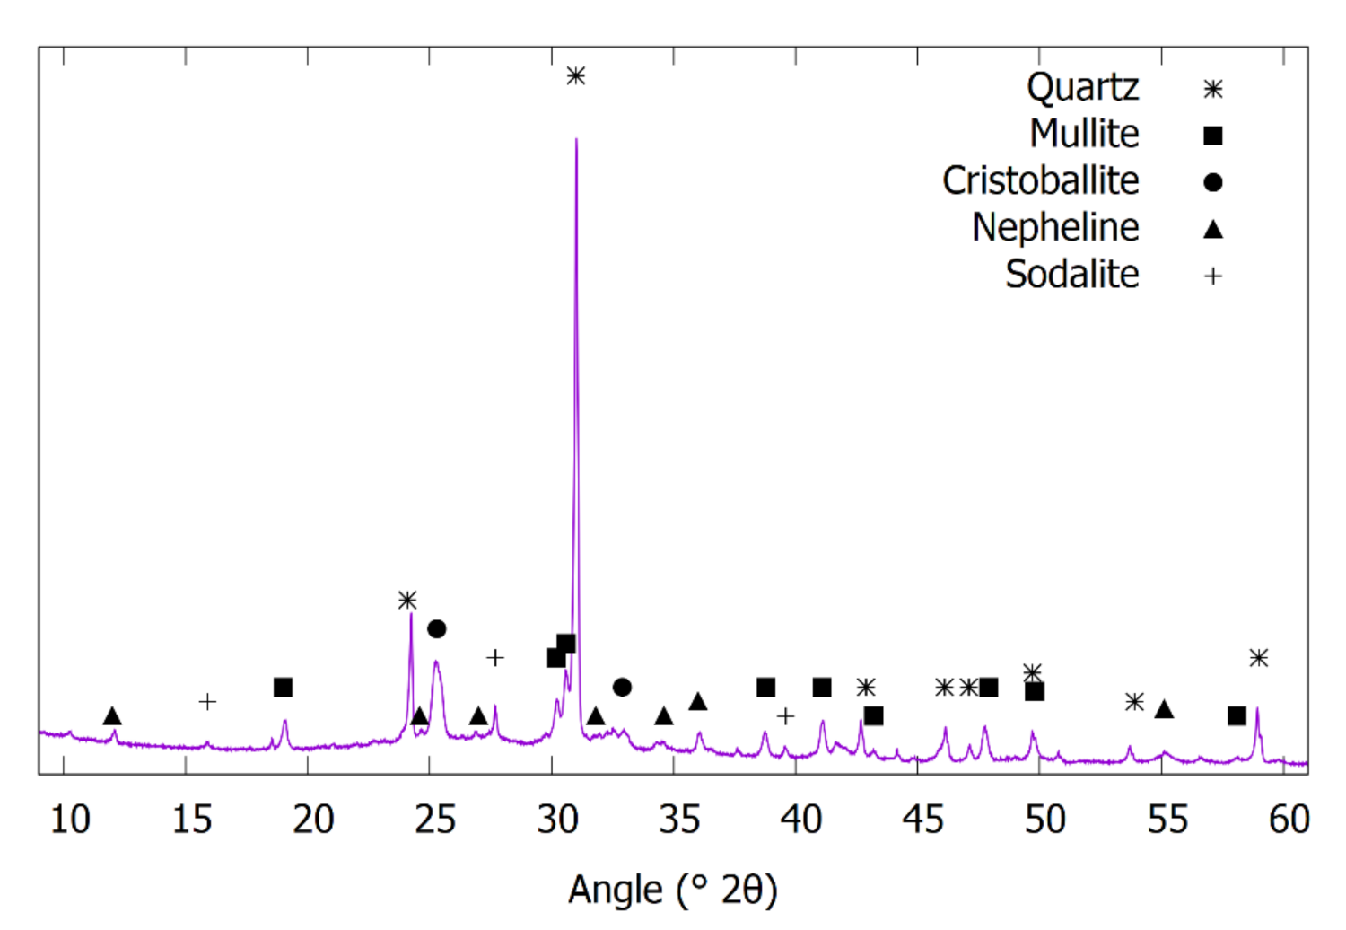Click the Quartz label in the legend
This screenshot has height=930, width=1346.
pos(1082,88)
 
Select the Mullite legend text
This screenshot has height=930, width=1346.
pos(1084,135)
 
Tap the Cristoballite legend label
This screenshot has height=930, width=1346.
pos(1040,181)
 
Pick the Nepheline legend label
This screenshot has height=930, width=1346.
pos(1055,228)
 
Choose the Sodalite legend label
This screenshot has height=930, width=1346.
pos(1071,275)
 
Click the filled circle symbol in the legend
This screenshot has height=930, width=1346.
pos(1213,182)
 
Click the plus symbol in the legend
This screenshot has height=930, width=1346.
pos(1213,276)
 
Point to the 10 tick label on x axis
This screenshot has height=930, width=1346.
pos(69,820)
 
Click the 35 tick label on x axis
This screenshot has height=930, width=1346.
pos(679,820)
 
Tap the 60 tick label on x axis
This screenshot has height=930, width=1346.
pos(1289,820)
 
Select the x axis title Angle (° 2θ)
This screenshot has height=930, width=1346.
pos(673,891)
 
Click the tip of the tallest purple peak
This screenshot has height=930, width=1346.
pos(576,138)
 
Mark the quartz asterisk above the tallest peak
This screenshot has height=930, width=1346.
pos(576,76)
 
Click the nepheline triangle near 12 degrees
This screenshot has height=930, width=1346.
pos(112,716)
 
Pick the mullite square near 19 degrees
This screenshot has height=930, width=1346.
pos(283,688)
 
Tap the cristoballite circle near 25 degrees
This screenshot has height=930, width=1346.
pos(437,629)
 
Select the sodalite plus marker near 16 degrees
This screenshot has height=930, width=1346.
pos(207,702)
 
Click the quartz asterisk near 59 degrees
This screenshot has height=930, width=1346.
pos(1259,658)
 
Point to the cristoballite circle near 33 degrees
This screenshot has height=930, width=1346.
pos(622,688)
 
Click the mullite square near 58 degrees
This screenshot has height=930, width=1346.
pos(1237,715)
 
